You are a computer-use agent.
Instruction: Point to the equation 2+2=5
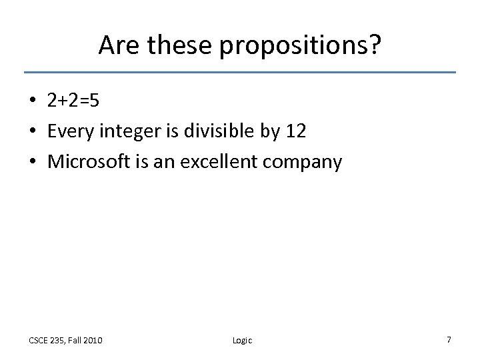pyautogui.click(x=73, y=100)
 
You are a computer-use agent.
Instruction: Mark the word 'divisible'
pyautogui.click(x=215, y=131)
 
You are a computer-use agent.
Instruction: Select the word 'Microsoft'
pyautogui.click(x=85, y=161)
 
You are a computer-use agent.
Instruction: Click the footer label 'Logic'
pyautogui.click(x=242, y=341)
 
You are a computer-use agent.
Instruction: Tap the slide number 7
pyautogui.click(x=449, y=340)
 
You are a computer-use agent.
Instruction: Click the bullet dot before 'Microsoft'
pyautogui.click(x=33, y=162)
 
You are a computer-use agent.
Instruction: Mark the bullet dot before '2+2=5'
pyautogui.click(x=33, y=101)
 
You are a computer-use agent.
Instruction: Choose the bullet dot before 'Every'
pyautogui.click(x=33, y=131)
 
